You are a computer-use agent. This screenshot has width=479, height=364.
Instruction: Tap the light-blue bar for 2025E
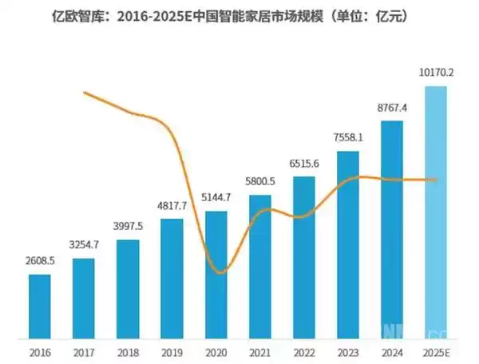[436, 212]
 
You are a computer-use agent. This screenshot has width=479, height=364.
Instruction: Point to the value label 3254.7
[83, 245]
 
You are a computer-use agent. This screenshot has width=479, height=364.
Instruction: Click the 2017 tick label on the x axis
[83, 351]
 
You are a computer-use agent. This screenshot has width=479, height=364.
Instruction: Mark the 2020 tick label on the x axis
[216, 351]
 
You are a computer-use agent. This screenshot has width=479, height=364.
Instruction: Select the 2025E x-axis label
[436, 351]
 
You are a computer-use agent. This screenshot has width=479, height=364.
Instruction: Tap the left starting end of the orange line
[85, 93]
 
